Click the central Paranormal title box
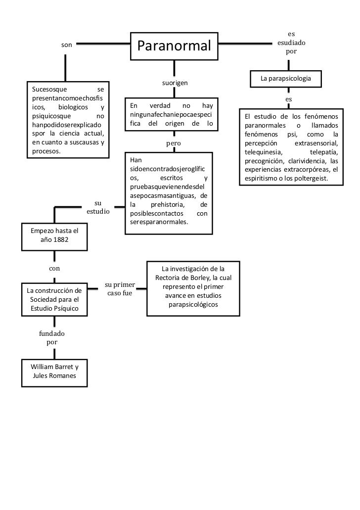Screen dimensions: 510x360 174,46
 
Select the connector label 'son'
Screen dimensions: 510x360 66,45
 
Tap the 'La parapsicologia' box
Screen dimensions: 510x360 286,79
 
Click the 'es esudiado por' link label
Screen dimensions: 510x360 291,43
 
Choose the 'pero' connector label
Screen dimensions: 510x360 173,143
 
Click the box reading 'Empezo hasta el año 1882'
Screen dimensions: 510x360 51,235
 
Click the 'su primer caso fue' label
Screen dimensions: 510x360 120,289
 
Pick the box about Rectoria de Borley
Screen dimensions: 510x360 193,288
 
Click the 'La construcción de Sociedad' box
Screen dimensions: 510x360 54,299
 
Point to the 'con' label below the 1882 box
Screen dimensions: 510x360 54,269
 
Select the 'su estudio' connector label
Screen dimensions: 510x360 98,207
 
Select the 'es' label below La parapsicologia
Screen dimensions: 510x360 288,99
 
